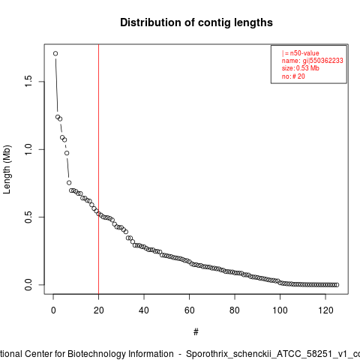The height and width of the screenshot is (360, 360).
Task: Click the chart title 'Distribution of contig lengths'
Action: coord(196,22)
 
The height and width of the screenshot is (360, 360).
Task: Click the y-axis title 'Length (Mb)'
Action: coord(7,169)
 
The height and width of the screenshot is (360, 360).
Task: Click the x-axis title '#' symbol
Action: coord(196,332)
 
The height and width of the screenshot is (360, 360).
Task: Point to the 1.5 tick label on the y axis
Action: coord(28,82)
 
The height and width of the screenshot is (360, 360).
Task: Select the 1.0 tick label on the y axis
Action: coord(28,149)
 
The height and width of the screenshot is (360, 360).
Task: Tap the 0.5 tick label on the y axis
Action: coord(28,217)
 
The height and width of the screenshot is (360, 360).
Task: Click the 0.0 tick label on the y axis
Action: coord(28,285)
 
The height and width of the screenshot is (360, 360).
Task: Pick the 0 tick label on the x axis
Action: coord(53,310)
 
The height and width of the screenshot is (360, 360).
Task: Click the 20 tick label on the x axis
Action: coord(99,310)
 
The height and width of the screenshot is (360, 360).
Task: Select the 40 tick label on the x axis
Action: coord(144,310)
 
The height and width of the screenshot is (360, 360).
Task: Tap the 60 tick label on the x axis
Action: coord(190,310)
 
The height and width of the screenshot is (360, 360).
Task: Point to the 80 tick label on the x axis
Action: coord(235,310)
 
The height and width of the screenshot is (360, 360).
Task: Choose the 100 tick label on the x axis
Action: coord(280,310)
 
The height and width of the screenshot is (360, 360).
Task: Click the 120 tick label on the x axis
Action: coord(325,310)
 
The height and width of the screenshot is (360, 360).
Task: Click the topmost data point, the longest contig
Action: coord(55,53)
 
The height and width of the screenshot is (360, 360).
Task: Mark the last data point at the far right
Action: coord(337,285)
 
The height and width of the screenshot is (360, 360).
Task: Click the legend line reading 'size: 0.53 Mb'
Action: coord(301,68)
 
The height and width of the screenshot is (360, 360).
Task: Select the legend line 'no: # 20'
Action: coord(293,76)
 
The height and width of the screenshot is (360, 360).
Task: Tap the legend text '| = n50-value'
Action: coord(301,53)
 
